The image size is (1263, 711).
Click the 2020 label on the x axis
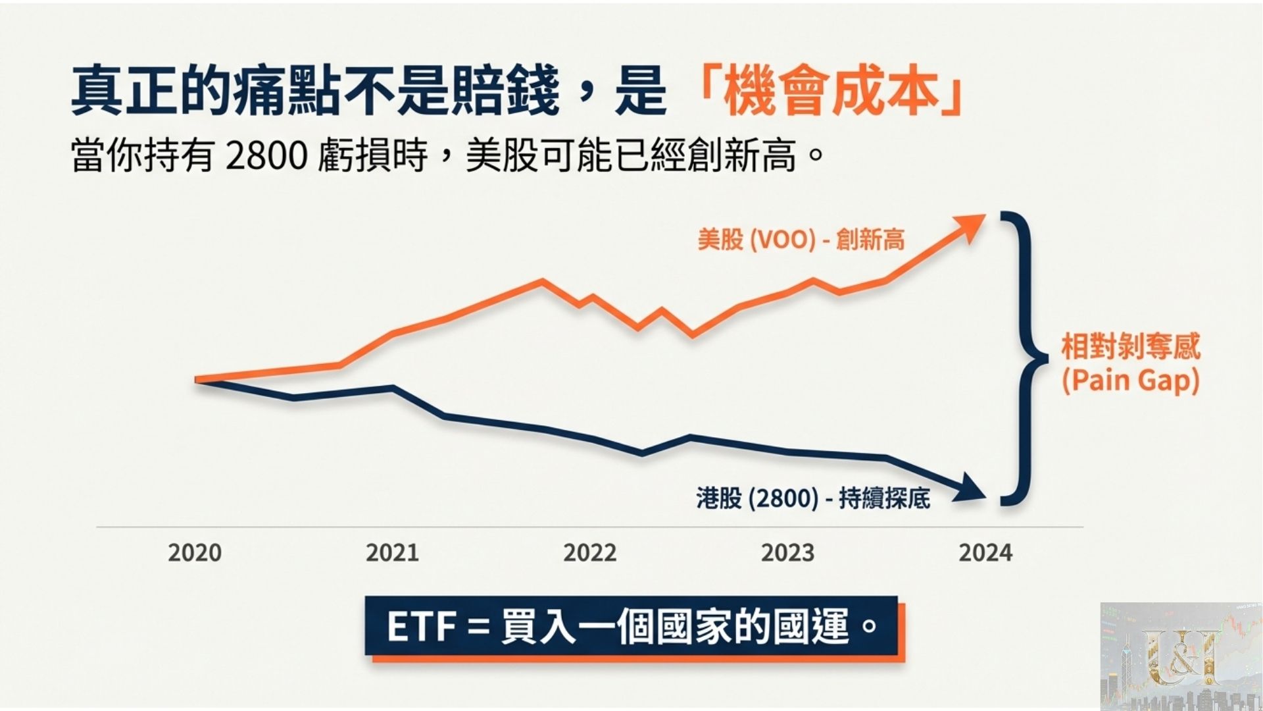(195, 552)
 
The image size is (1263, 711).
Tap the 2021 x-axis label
(392, 552)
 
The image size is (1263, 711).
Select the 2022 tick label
(590, 552)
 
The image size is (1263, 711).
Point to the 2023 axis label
(787, 552)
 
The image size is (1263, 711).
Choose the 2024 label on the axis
(985, 552)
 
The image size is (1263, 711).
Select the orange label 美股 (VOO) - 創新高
(801, 239)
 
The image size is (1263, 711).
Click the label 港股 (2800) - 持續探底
(813, 498)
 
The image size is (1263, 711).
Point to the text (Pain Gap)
(1131, 381)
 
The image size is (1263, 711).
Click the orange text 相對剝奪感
(1131, 346)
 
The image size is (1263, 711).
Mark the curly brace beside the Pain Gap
(1023, 359)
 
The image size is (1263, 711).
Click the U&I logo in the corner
(1181, 656)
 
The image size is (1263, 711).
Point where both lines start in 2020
(197, 380)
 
